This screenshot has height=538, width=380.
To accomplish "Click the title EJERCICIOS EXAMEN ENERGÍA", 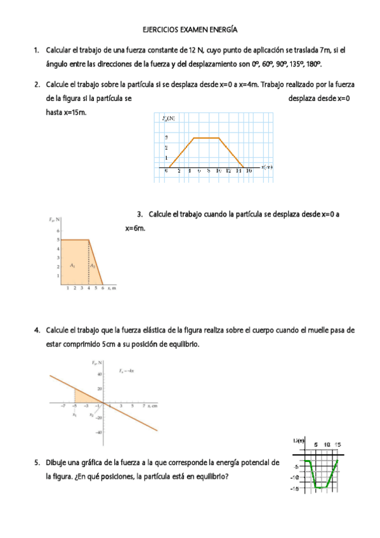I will (190, 30).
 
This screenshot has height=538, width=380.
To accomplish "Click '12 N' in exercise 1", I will (188, 49).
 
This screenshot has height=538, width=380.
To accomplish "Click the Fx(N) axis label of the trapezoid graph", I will (168, 118).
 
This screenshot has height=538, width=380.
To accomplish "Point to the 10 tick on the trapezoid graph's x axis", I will (218, 171).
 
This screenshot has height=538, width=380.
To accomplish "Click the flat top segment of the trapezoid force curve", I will (206, 138).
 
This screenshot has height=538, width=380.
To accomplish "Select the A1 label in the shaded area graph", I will (73, 266).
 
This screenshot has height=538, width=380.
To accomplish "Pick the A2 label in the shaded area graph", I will (93, 266).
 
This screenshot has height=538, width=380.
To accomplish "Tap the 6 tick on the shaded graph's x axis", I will (103, 289).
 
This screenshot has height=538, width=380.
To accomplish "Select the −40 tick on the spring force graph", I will (99, 433).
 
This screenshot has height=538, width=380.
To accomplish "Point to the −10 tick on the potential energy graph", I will (294, 477).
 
